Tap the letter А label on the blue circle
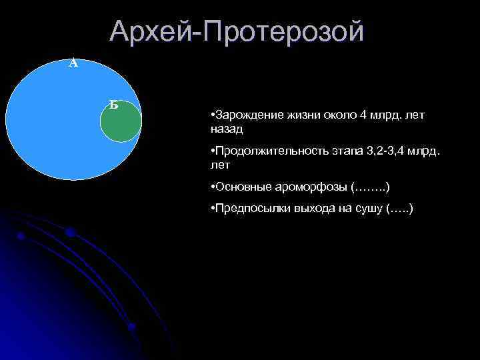point(73,64)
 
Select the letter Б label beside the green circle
point(114,104)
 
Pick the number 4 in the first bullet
point(363,115)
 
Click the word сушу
point(369,209)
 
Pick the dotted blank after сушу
point(400,209)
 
